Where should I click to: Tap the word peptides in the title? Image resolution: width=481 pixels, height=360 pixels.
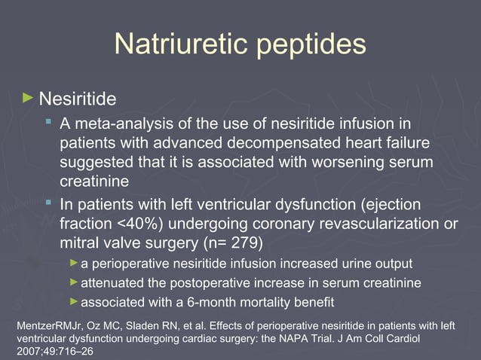click(x=309, y=45)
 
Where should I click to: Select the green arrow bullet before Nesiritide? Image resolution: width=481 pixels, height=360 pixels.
click(x=28, y=98)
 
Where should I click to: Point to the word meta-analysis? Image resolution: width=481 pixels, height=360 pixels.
click(x=114, y=124)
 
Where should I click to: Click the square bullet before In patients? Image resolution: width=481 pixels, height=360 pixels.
click(x=48, y=203)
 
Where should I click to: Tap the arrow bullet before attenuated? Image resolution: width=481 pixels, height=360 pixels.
click(x=73, y=282)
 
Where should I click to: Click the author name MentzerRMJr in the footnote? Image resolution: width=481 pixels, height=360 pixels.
click(x=46, y=326)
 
